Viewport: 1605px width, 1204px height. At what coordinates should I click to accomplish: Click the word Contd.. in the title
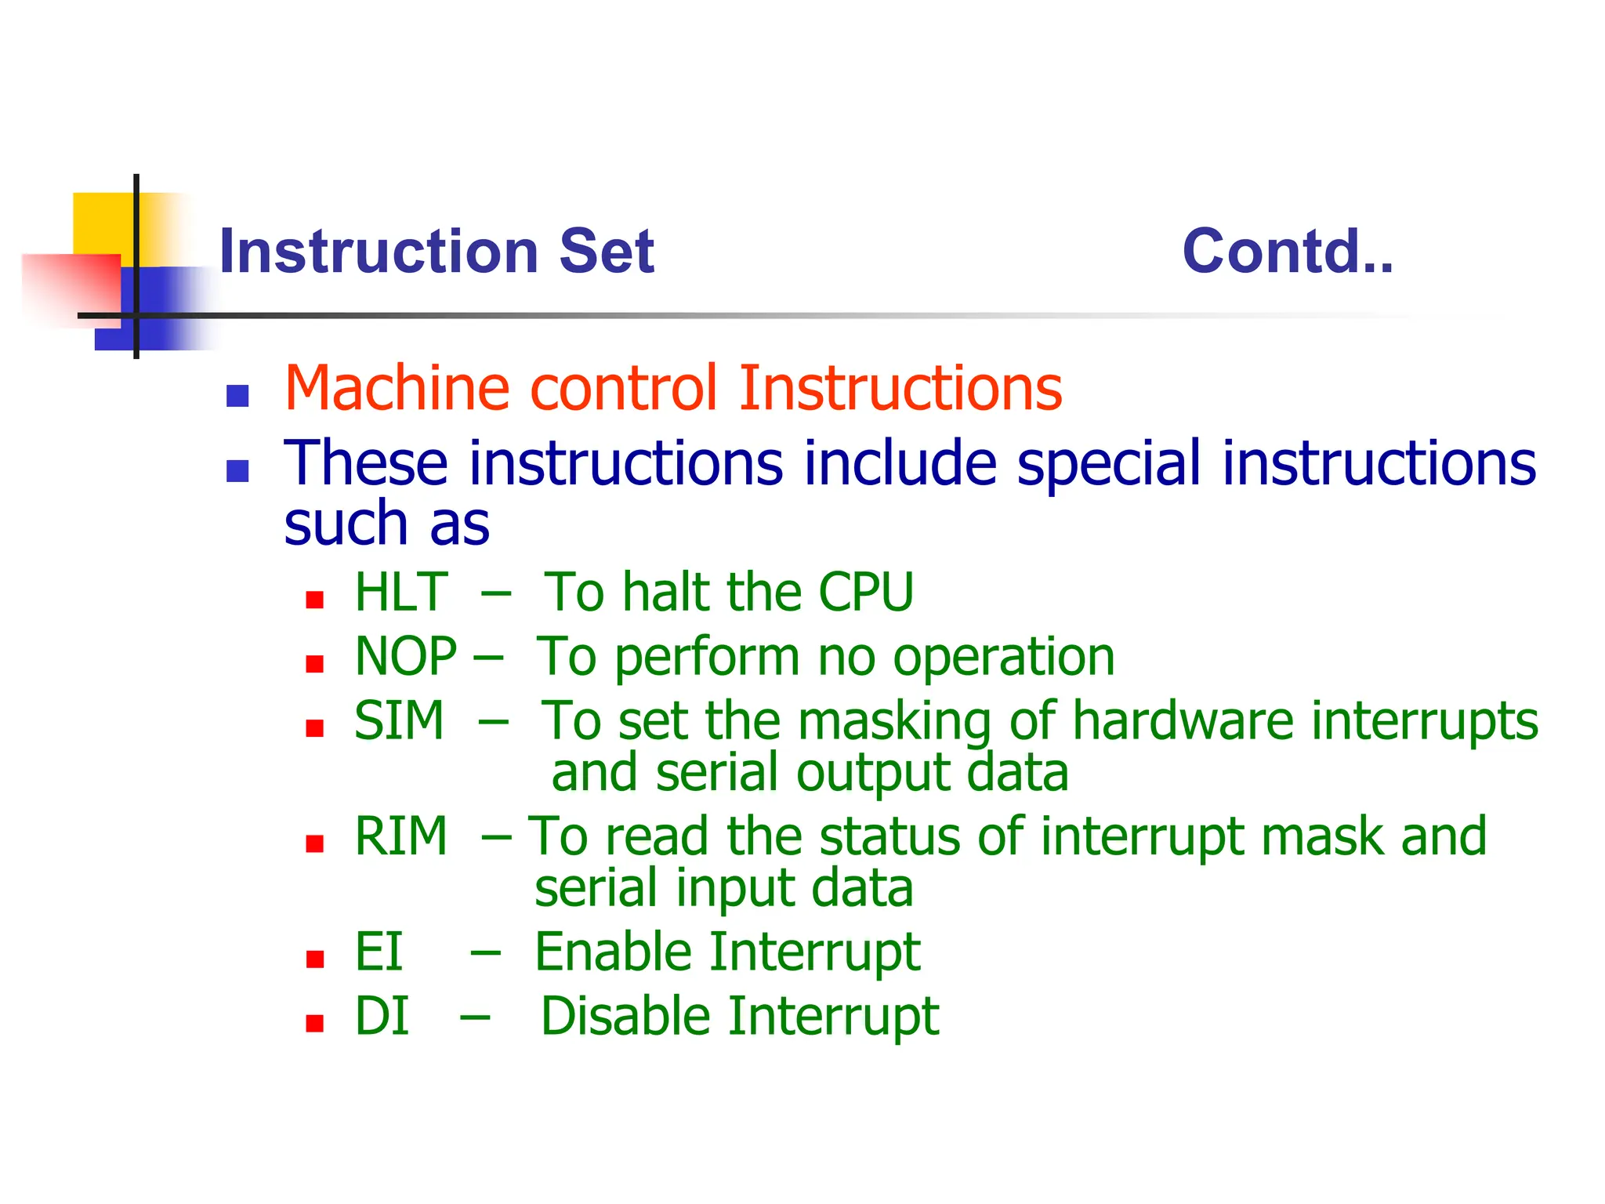(1287, 252)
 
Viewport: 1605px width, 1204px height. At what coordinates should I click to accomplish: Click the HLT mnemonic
(401, 592)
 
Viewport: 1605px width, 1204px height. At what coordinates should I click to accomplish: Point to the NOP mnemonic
(405, 656)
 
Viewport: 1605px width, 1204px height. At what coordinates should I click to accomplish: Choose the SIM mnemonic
(399, 720)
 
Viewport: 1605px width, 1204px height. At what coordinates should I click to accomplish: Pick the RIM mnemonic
(400, 836)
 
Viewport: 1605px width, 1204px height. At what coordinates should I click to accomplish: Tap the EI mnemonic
(379, 952)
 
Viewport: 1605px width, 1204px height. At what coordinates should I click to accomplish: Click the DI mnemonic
(382, 1016)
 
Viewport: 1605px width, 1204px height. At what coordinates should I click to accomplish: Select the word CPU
(866, 592)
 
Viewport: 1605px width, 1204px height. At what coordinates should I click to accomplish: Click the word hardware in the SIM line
(1183, 720)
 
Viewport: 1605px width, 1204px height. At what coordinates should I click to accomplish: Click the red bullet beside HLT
(315, 600)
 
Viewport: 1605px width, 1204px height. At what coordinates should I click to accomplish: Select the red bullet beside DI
(315, 1024)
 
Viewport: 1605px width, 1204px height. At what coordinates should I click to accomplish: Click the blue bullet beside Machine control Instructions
(237, 396)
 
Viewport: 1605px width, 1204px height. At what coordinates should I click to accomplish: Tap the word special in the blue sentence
(1108, 464)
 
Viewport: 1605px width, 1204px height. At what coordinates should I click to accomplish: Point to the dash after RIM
(496, 837)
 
